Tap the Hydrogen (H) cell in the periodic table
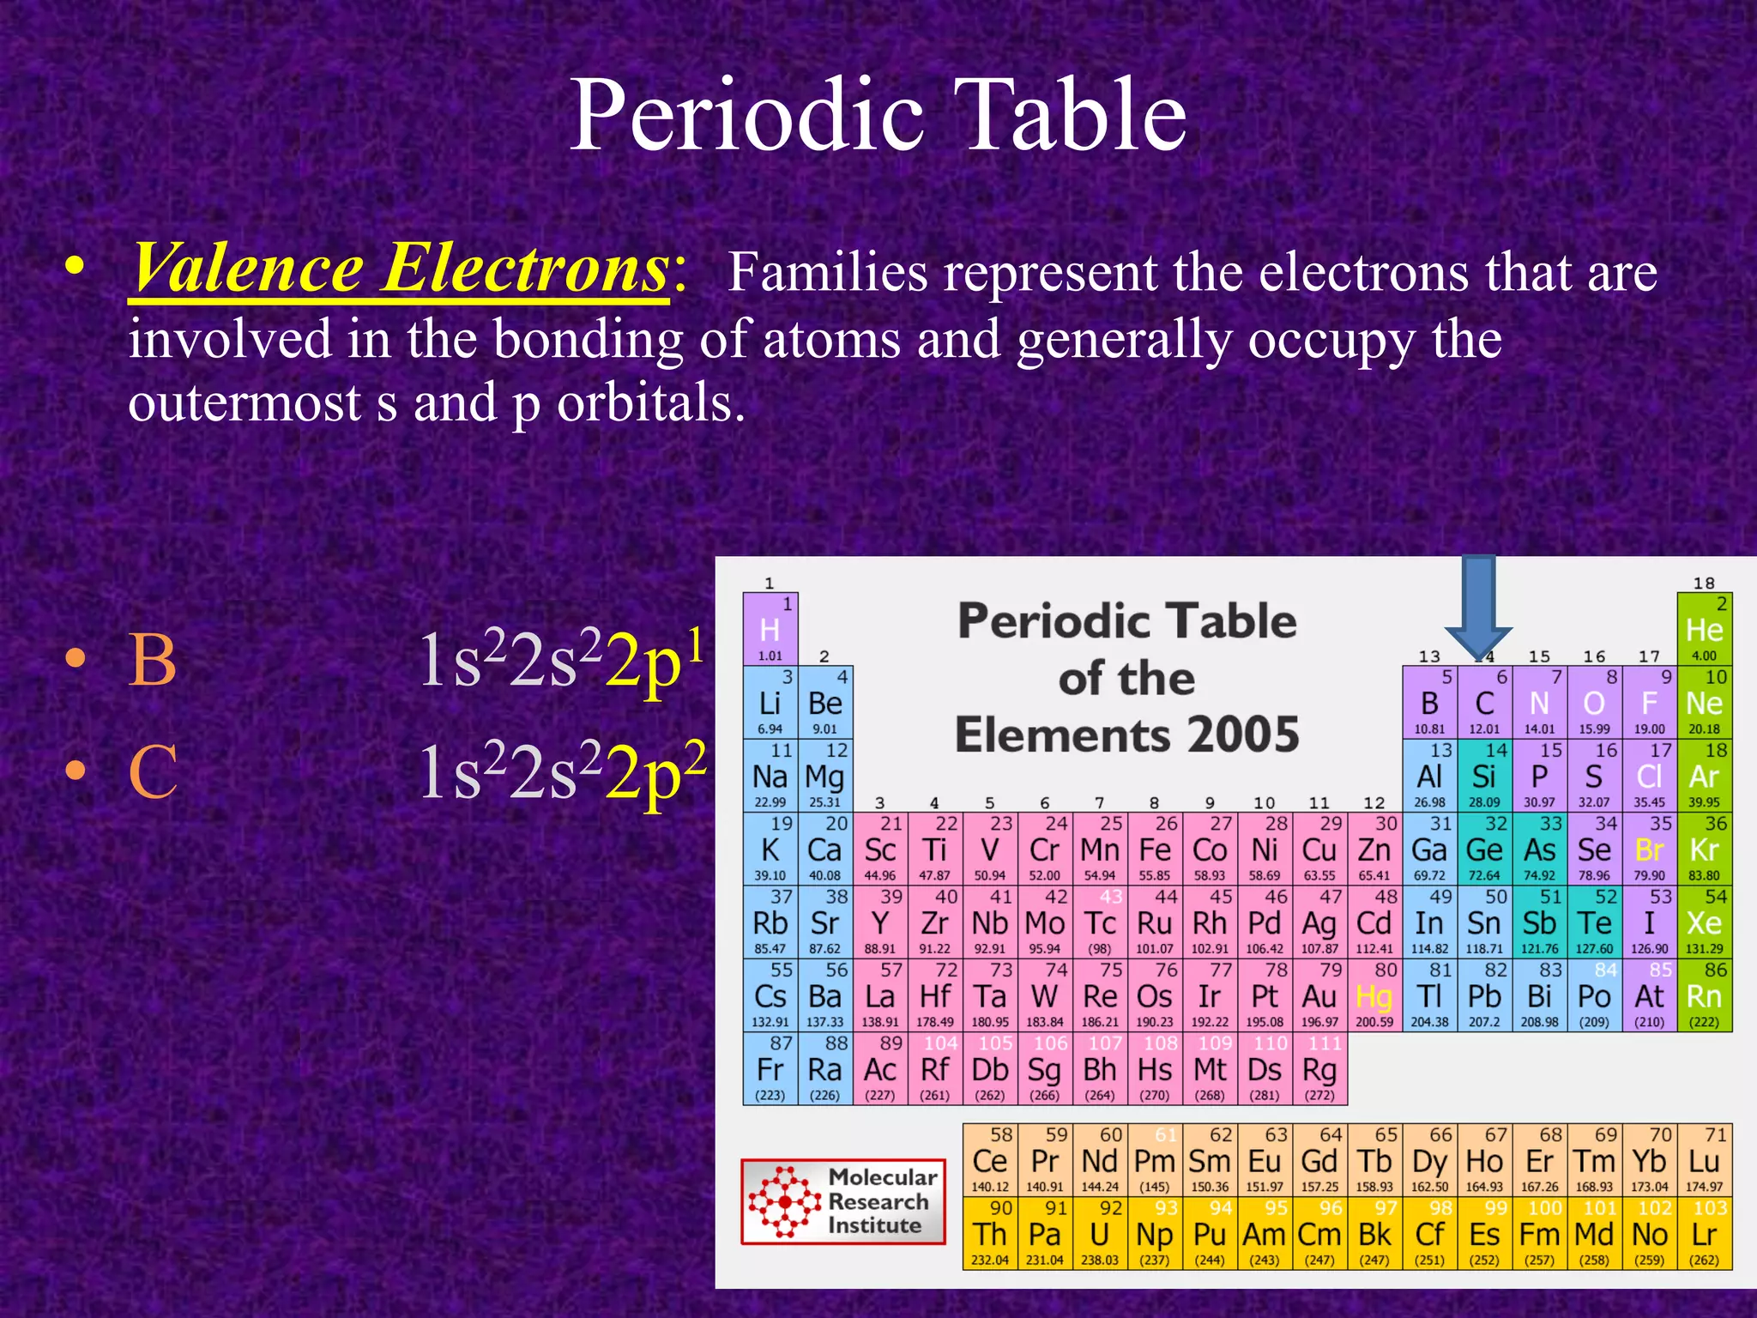tap(770, 629)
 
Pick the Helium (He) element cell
tap(1704, 629)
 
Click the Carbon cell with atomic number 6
tap(1484, 703)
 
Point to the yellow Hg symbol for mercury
tap(1374, 997)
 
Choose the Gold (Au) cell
tap(1319, 996)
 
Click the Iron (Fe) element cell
tap(1155, 849)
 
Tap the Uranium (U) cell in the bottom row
tap(1100, 1234)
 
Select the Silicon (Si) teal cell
tap(1484, 777)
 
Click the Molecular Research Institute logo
tap(843, 1201)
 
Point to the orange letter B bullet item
tap(152, 661)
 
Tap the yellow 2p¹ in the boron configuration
tap(655, 661)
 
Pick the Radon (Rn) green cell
tap(1704, 996)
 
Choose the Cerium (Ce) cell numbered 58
tap(990, 1160)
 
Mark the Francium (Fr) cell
tap(770, 1070)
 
